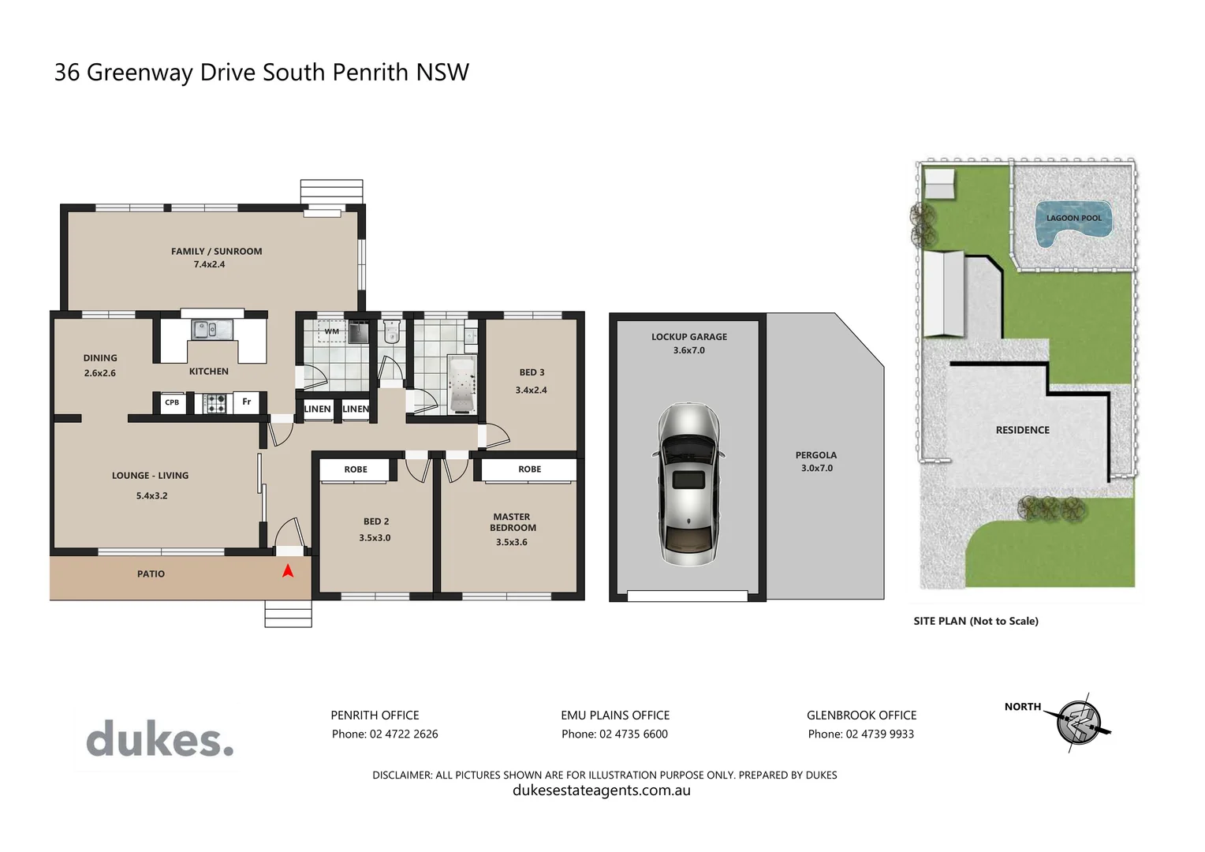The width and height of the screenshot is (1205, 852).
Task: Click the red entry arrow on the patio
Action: pos(288,570)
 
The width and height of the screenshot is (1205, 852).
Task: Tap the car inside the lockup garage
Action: pos(688,484)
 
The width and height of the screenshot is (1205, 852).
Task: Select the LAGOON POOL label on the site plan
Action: pos(1073,219)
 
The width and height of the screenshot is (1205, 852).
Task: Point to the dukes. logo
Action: pos(160,739)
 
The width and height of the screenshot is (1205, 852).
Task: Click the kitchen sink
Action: pos(212,329)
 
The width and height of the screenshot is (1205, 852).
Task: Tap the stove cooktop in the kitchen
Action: pos(215,403)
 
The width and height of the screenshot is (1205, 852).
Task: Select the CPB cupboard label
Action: pos(172,402)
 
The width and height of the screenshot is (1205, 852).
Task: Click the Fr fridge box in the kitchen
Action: pos(247,402)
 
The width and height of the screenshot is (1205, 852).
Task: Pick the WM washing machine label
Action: pos(332,331)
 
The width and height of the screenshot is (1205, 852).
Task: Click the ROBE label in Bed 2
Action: pos(356,469)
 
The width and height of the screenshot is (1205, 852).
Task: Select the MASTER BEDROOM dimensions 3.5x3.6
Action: pos(512,543)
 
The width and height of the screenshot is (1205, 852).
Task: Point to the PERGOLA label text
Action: pos(816,455)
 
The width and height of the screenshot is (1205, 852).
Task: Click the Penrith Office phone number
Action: pos(385,734)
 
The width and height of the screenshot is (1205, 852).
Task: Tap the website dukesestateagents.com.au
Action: pos(602,790)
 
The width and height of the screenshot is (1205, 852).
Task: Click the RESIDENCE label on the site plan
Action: pos(1022,430)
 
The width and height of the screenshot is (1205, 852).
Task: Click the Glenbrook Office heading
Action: pos(861,716)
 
